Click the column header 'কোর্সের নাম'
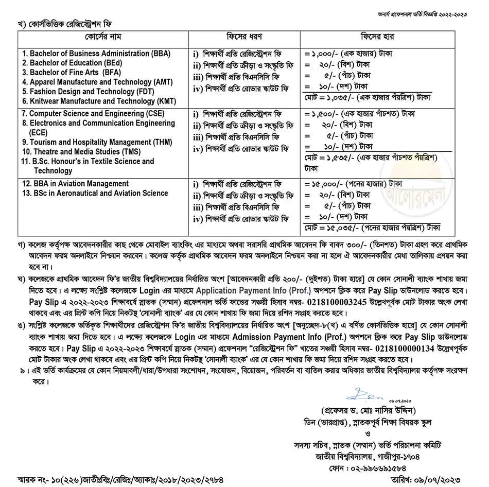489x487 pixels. click(103, 38)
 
